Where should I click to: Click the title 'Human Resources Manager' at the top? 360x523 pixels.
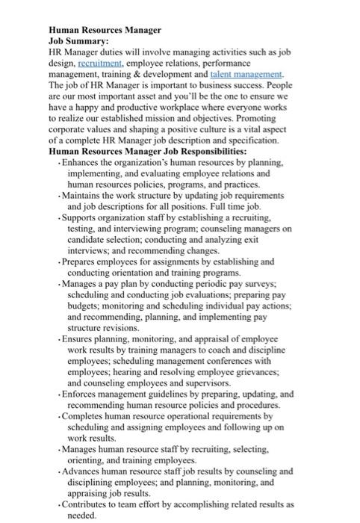(104, 30)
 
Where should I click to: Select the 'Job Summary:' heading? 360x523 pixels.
(79, 42)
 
